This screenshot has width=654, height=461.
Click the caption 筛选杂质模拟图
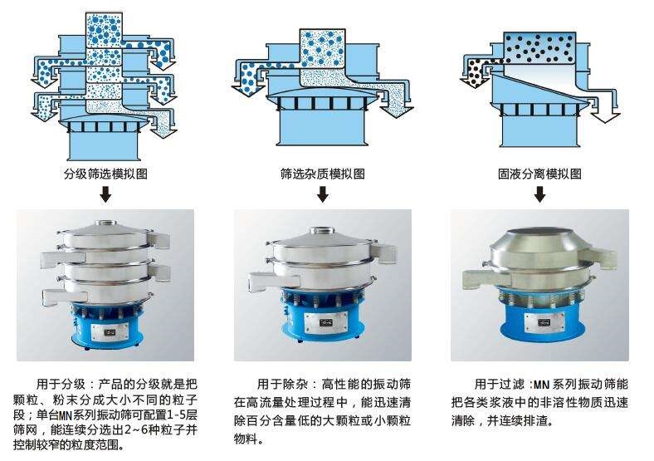(x=322, y=174)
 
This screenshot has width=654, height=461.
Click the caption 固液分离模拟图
(x=539, y=174)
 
